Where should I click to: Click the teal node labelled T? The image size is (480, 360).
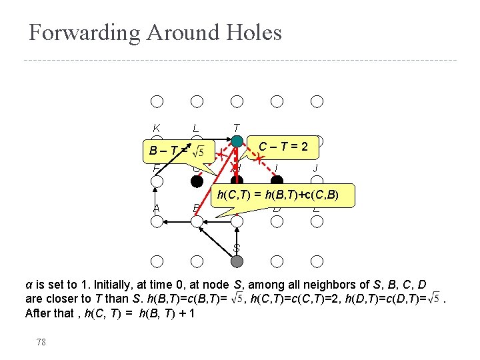237,141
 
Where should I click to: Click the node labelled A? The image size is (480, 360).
157,221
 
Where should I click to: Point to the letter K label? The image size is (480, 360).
156,128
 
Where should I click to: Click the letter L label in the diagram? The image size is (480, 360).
195,128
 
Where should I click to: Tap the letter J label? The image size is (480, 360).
316,168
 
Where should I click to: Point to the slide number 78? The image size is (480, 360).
41,341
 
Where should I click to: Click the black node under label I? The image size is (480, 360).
277,181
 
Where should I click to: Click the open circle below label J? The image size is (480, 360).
317,181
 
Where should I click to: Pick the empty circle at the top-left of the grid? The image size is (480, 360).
157,101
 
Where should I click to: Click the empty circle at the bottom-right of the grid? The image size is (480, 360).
317,261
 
